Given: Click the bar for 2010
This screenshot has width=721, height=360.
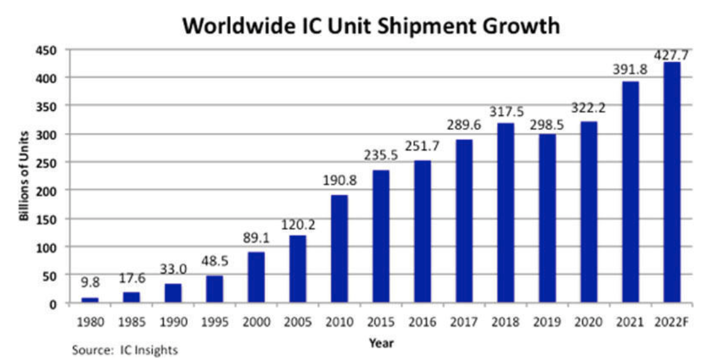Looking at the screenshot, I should pos(339,249).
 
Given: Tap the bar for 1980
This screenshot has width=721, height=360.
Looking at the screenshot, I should pos(90,300).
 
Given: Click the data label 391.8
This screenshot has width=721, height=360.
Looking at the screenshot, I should pos(630,70).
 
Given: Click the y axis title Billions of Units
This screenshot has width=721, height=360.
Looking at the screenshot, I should pos(24,176).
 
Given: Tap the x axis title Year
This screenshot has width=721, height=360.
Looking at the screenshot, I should pos(381,342).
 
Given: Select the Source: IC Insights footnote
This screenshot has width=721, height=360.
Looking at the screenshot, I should pos(125,349).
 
